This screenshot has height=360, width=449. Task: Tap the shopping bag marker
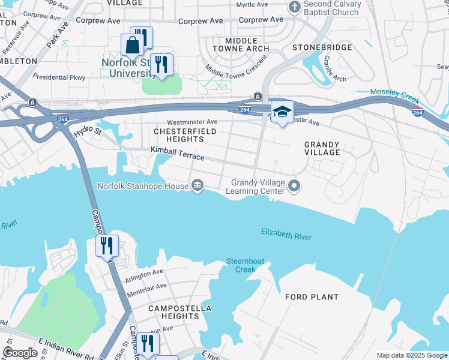click(131, 46)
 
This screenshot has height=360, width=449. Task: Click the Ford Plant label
click(312, 297)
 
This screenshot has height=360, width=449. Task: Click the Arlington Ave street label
click(144, 273)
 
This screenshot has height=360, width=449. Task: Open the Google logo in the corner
click(20, 353)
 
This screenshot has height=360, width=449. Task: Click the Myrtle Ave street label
click(251, 5)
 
